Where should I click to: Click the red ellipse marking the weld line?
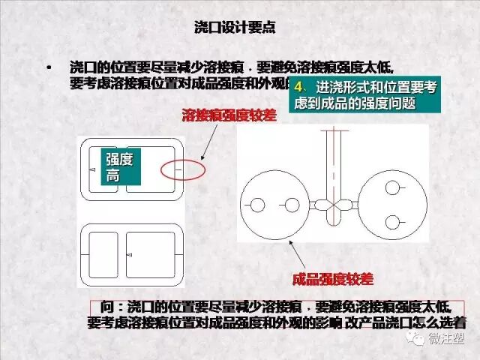[x=182, y=170]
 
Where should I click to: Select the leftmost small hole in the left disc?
[x=257, y=205]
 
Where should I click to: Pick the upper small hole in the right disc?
[x=392, y=187]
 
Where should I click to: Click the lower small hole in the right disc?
[x=392, y=222]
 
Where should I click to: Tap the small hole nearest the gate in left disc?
[x=291, y=205]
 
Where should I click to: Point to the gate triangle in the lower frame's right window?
[x=130, y=256]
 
